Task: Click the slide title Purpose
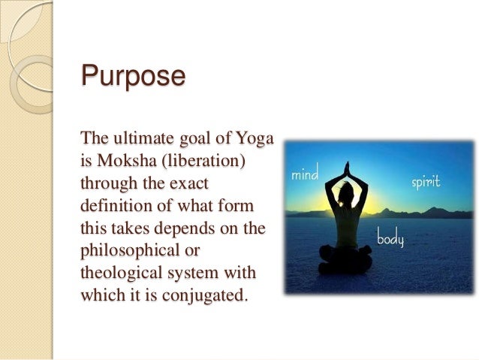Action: (x=133, y=77)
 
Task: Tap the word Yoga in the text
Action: (x=255, y=140)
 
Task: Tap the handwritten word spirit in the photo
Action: (x=425, y=183)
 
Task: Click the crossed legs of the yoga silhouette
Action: (x=346, y=264)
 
